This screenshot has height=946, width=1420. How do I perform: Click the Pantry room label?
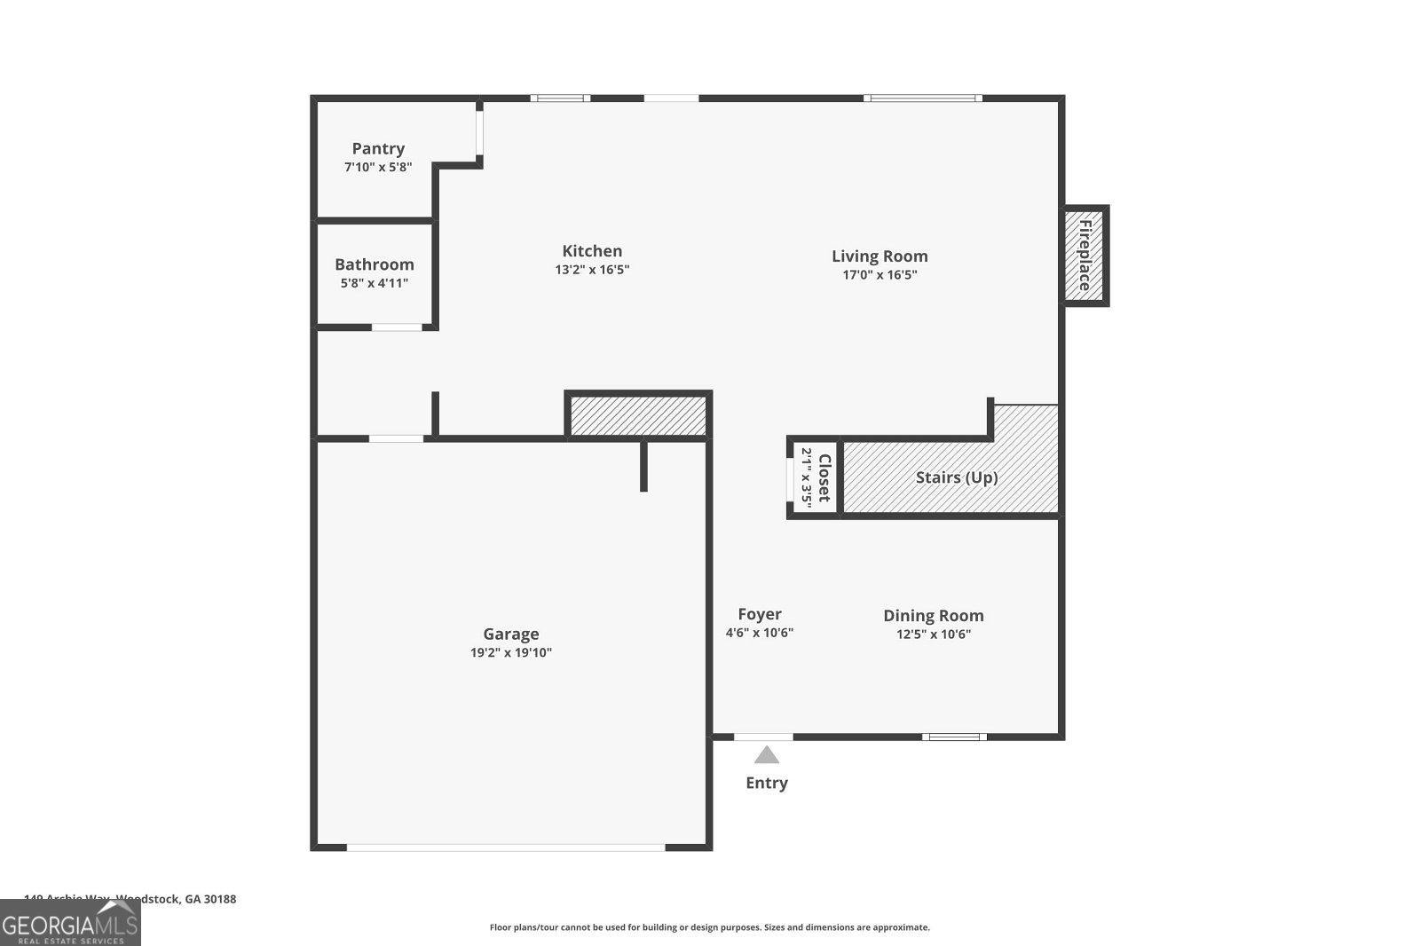point(378,149)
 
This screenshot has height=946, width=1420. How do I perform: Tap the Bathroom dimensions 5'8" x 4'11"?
point(375,283)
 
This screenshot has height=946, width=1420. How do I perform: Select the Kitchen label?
point(592,251)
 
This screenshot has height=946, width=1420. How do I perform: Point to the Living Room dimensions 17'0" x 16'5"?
point(880,275)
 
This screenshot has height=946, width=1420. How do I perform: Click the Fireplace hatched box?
point(1085,256)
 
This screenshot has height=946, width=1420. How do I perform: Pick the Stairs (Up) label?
point(957,477)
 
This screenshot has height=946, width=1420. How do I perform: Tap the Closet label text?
point(824,478)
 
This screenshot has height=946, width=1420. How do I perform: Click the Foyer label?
point(760,614)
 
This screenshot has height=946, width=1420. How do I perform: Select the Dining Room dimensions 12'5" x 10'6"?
point(934,635)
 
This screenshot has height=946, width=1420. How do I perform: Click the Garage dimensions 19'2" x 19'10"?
point(511,653)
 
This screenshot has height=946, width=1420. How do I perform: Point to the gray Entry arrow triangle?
point(767,755)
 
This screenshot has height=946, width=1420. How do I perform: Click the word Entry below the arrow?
point(767,783)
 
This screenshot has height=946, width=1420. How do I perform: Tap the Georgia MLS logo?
point(70,923)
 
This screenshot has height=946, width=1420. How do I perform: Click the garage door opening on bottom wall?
point(506,847)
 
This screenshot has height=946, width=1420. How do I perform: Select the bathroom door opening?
point(397,327)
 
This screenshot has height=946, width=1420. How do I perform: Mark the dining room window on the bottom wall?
point(954,737)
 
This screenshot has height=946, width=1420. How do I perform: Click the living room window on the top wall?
point(923,98)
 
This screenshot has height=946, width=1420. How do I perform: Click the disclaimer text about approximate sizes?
point(710,927)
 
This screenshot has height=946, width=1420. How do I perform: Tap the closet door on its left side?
point(790,478)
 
